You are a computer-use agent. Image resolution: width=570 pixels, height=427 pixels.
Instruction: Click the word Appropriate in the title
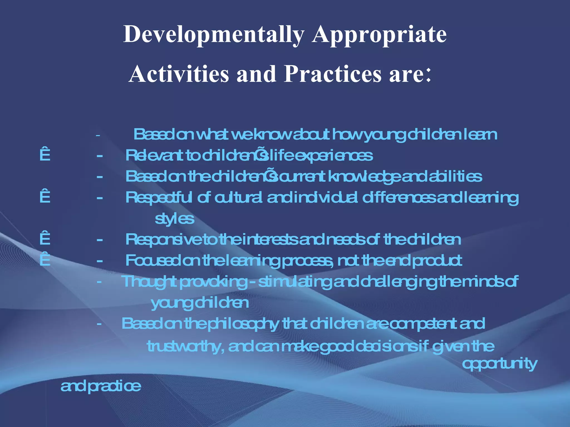pyautogui.click(x=379, y=34)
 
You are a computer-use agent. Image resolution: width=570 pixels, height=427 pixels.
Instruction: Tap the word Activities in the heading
pyautogui.click(x=179, y=74)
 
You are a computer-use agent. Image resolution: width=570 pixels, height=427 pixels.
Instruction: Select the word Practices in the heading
pyautogui.click(x=333, y=74)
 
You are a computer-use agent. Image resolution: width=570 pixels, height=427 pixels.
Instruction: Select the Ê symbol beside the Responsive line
pyautogui.click(x=45, y=238)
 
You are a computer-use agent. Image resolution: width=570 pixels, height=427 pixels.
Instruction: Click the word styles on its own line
pyautogui.click(x=174, y=219)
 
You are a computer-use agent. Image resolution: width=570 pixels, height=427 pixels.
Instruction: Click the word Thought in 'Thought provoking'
pyautogui.click(x=149, y=282)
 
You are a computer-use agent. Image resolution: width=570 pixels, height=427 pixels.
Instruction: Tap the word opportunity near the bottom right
pyautogui.click(x=500, y=364)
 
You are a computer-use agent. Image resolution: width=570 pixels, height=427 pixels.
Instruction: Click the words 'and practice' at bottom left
pyautogui.click(x=101, y=386)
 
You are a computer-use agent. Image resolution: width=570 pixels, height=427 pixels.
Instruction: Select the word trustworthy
pyautogui.click(x=185, y=346)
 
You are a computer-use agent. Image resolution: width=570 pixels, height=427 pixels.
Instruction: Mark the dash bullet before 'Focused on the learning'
pyautogui.click(x=100, y=261)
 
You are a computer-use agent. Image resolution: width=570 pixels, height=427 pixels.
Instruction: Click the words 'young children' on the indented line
pyautogui.click(x=200, y=303)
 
